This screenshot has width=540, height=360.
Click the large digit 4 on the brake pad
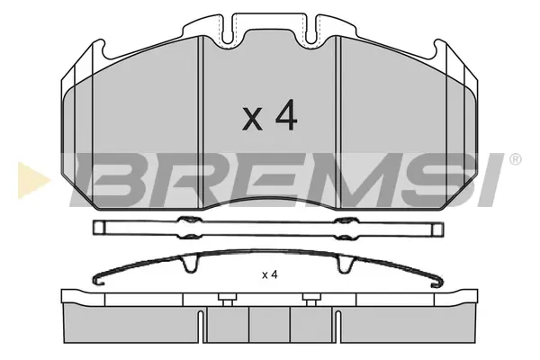coord(286,115)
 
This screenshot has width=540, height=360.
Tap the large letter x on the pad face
coord(252,119)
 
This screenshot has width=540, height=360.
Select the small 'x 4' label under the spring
coord(270,274)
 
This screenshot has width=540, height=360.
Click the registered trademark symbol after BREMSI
coord(515,159)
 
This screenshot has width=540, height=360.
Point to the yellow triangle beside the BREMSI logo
coord(33,181)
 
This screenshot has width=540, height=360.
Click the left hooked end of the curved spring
coord(98,280)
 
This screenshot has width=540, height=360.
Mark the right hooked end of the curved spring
coord(437,282)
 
